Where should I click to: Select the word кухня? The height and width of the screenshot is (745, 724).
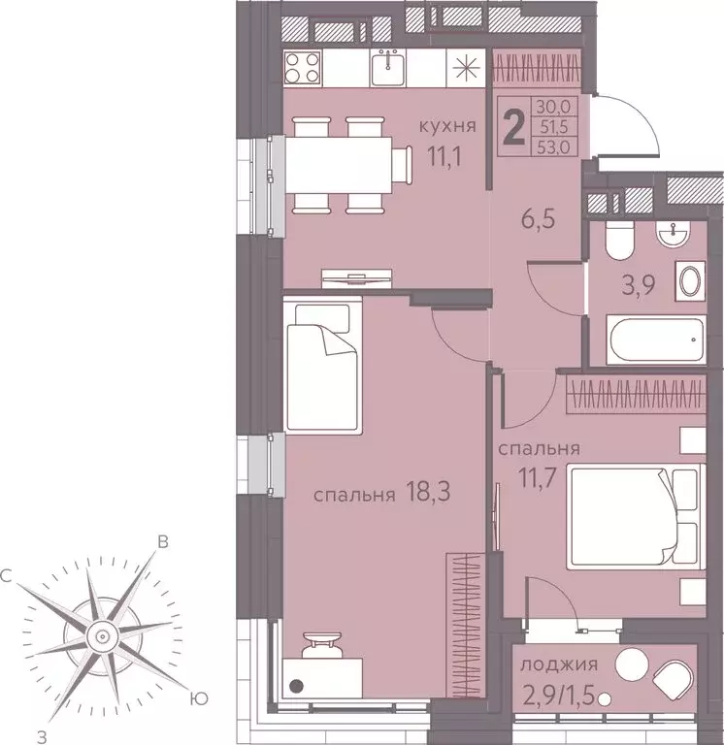tap(447, 126)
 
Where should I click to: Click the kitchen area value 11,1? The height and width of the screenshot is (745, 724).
tap(446, 155)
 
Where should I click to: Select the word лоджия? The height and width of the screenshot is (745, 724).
tap(558, 665)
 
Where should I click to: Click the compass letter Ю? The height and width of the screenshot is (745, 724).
tap(198, 696)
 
